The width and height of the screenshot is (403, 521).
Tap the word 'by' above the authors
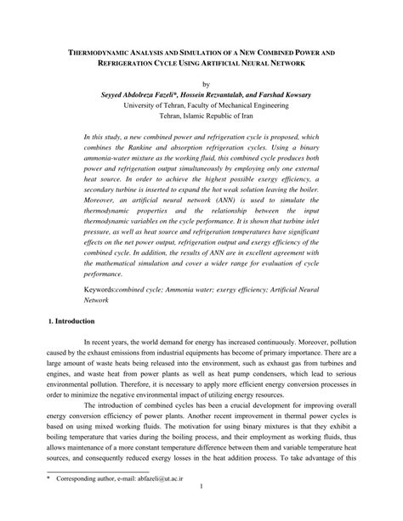tap(201, 83)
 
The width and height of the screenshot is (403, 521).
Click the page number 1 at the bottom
tap(200, 510)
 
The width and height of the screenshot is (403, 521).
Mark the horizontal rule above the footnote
tap(98, 495)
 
